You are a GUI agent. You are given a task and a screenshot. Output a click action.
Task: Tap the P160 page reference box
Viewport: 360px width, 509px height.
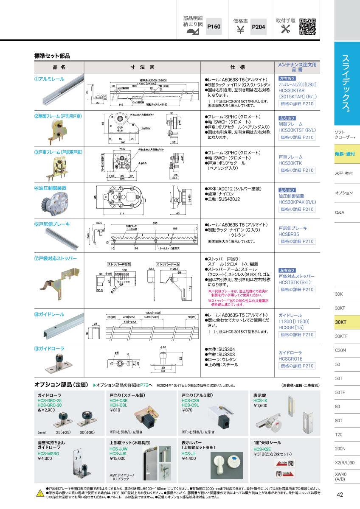214,27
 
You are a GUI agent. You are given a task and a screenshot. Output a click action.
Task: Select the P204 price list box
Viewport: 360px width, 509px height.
259,27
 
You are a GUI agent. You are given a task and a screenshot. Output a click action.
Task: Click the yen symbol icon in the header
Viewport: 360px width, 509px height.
240,30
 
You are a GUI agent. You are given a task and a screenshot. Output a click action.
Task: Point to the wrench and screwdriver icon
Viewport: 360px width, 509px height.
286,29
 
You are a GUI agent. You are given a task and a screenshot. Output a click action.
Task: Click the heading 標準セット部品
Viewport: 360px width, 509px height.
52,56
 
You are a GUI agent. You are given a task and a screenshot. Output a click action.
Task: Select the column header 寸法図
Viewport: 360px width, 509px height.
142,67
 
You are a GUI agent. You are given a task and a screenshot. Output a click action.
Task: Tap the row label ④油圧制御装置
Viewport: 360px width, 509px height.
50,187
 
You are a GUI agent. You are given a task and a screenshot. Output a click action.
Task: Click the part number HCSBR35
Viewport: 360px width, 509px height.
289,234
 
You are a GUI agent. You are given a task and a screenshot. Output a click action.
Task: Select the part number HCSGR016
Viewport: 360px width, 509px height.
290,358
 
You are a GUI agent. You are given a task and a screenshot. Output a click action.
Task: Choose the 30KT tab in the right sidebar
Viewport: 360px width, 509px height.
341,322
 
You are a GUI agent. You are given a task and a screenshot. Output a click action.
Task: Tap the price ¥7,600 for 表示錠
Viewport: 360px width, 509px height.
260,406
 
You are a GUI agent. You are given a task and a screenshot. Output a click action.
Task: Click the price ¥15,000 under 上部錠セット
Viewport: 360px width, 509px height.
118,459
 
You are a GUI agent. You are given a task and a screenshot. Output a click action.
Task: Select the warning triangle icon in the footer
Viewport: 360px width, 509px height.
39,493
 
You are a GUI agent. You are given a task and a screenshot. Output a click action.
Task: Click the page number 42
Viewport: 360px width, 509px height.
340,494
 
